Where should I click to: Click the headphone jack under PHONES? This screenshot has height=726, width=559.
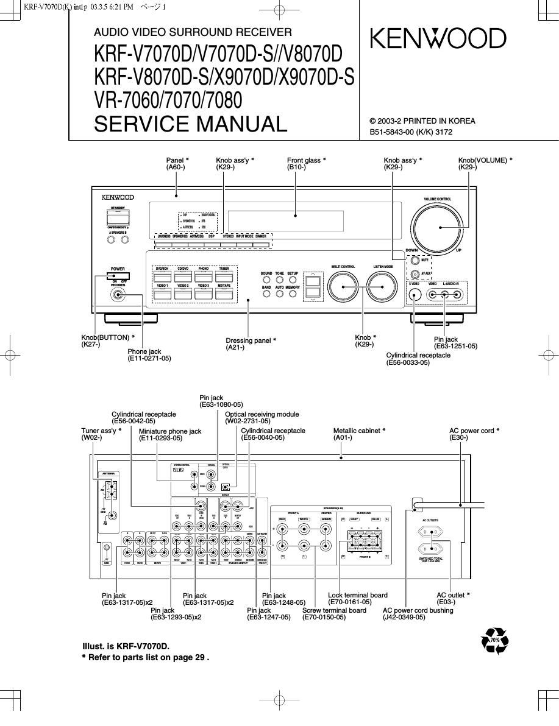[x=118, y=295]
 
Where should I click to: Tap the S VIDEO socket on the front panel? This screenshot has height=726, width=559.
[x=414, y=295]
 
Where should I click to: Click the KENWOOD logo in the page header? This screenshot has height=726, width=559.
[x=438, y=39]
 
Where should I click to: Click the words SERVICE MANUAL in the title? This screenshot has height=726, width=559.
[x=190, y=124]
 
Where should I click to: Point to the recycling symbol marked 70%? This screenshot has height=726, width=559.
[x=494, y=640]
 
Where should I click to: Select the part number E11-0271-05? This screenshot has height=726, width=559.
[x=149, y=359]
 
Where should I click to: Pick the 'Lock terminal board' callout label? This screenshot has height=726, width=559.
[x=358, y=595]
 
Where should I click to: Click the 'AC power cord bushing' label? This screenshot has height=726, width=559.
[x=418, y=610]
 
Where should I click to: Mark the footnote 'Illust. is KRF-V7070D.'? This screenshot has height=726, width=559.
[x=125, y=646]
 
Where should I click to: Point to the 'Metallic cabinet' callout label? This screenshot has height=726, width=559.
[x=358, y=431]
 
